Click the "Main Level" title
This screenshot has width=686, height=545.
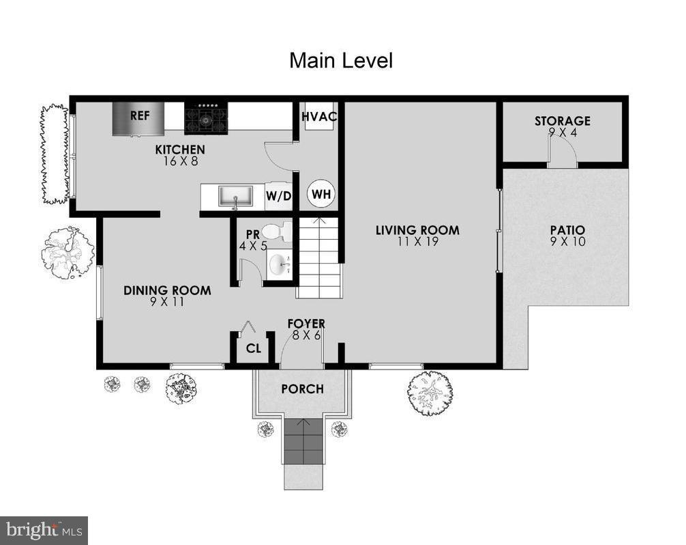[341, 60]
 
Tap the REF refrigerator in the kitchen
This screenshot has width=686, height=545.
[139, 118]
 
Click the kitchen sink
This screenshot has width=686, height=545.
[235, 196]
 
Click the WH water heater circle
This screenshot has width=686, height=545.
[321, 195]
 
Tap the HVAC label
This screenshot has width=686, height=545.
[319, 116]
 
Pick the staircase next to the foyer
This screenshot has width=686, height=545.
[319, 258]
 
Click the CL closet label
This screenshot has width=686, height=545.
[254, 349]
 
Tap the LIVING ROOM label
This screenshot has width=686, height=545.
[417, 230]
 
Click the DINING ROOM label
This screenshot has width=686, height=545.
[167, 290]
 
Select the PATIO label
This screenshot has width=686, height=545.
[567, 230]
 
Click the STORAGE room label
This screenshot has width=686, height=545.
[562, 121]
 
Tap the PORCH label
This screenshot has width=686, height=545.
[302, 389]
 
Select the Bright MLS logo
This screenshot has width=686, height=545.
[44, 530]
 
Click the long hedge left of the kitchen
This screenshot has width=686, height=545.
[55, 154]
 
